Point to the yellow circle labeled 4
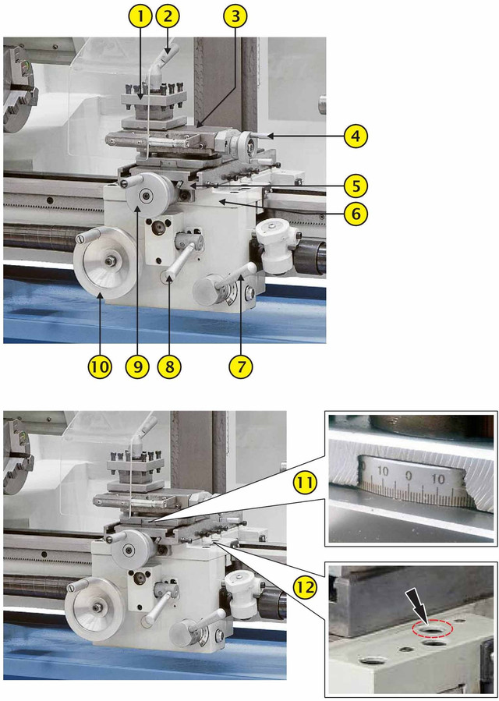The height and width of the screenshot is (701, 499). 356,136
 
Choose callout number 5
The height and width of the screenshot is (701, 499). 356,186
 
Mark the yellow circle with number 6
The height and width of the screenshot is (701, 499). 356,214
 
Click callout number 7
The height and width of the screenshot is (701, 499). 241,367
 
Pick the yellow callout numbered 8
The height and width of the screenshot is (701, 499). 170,367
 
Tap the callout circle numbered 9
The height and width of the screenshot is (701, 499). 137,367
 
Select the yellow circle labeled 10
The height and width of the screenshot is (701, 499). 101,367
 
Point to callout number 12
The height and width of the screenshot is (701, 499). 305,589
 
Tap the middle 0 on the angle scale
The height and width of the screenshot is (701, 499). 409,476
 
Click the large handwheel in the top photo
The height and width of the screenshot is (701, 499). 106,263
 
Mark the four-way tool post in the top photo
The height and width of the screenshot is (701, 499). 154,99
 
